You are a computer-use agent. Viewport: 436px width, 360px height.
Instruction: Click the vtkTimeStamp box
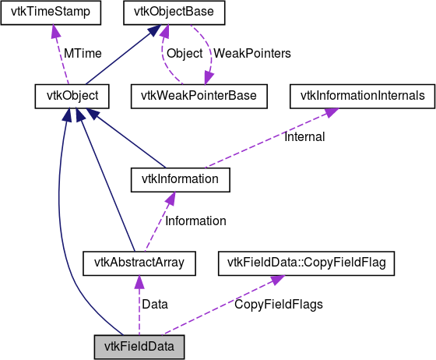point(51,12)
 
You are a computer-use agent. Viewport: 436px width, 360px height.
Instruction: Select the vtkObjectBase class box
point(174,12)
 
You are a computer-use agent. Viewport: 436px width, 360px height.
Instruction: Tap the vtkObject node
point(72,97)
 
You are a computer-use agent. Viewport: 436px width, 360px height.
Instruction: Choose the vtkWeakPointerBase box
point(199,97)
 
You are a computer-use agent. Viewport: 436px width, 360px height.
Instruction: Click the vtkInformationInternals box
point(362,97)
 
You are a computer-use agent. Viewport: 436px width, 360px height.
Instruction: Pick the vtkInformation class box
point(181,180)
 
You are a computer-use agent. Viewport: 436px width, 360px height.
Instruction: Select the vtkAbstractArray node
point(139,263)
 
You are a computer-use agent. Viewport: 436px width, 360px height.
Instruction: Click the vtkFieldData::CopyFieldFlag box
point(306,263)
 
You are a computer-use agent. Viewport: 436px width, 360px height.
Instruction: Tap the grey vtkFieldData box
point(139,348)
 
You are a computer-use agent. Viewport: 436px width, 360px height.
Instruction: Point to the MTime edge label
point(83,54)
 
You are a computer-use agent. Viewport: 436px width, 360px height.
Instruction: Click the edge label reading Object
point(185,54)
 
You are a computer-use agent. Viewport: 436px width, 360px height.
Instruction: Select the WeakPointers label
point(252,54)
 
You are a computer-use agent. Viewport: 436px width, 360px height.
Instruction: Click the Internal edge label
point(304,137)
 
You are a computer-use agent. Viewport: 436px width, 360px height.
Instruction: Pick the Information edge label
point(195,221)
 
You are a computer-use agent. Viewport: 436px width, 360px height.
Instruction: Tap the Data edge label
point(155,305)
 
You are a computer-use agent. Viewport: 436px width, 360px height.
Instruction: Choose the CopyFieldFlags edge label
point(279,305)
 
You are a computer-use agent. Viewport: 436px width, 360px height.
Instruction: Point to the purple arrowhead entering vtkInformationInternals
point(330,112)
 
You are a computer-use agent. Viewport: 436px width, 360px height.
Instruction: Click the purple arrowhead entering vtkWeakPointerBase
point(209,78)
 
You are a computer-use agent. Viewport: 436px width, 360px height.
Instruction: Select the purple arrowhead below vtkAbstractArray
point(139,282)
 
